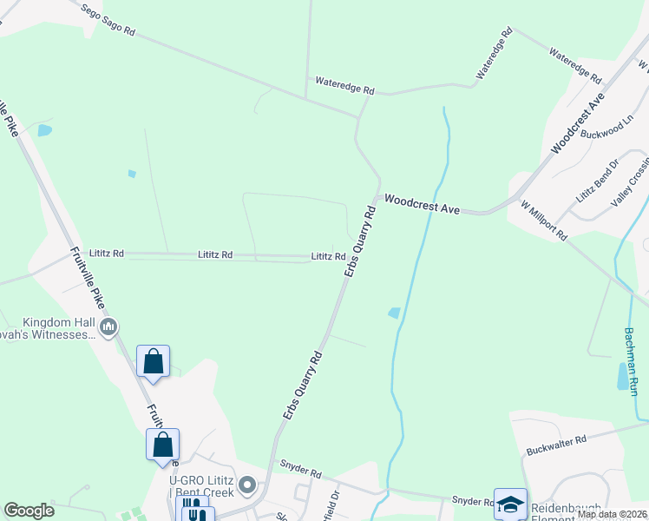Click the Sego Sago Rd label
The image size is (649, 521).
click(108, 20)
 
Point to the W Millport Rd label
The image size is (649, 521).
click(544, 221)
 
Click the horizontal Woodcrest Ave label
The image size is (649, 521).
click(422, 203)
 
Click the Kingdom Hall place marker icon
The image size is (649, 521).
click(108, 327)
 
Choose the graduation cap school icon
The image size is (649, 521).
click(510, 504)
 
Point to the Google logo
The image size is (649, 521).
click(29, 511)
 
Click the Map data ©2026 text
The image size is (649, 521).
click(612, 514)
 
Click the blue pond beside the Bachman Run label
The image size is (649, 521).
click(622, 376)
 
